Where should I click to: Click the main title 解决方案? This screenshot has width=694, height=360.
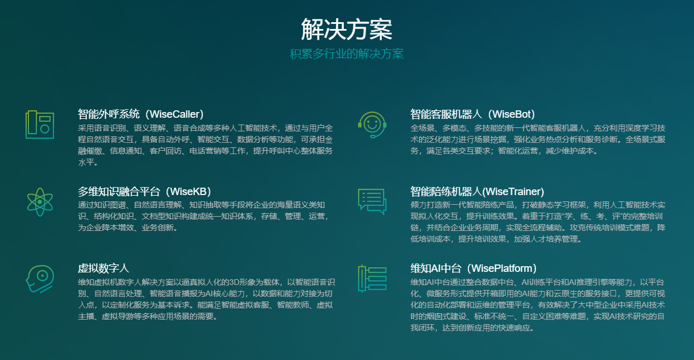347,29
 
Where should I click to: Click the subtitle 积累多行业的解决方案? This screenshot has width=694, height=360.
347,54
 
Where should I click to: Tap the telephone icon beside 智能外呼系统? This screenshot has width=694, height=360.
40,125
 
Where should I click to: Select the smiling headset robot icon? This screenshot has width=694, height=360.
372,125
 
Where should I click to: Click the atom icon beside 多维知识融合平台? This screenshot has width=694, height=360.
40,202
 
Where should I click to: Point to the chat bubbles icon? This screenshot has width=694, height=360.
372,201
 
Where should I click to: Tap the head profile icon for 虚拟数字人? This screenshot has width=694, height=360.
40,279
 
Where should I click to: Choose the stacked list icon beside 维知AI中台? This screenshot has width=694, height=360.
372,279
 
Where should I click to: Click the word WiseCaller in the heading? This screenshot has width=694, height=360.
174,114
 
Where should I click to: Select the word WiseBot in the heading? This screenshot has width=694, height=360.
512,114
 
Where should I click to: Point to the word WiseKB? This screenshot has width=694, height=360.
188,191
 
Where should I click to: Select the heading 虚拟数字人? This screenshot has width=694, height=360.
103,268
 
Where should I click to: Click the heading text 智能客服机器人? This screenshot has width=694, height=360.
446,114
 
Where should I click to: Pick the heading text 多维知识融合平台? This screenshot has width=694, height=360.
119,191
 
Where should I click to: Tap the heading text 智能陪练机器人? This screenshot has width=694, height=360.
446,191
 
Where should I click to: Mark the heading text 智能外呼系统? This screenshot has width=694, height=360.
109,114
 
